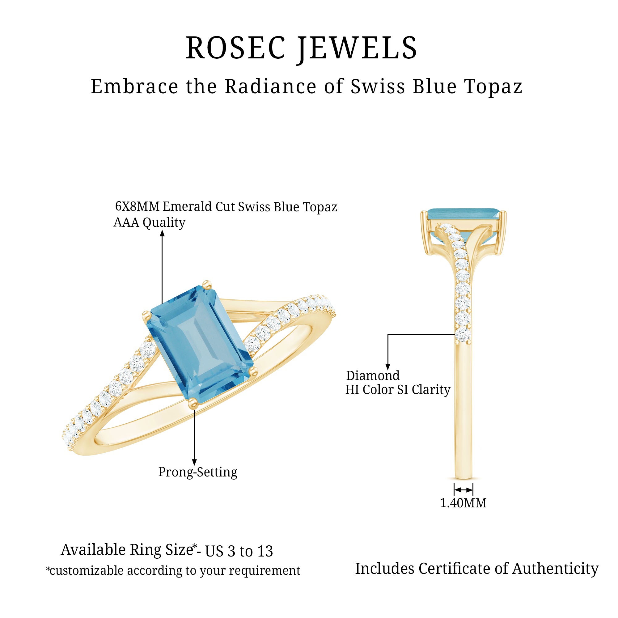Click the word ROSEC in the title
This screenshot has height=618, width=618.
pos(236,48)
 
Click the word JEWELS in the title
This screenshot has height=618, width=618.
pos(358,49)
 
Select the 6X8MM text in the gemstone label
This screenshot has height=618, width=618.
pos(137,207)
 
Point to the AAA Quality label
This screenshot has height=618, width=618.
pos(149,222)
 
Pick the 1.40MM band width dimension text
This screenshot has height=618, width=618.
pos(463,503)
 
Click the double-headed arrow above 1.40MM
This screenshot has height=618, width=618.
pos(463,490)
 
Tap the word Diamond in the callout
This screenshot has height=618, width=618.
pos(373,375)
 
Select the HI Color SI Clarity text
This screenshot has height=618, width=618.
pos(398,390)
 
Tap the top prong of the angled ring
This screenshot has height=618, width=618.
pos(207,284)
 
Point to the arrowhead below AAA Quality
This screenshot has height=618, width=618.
pos(162,234)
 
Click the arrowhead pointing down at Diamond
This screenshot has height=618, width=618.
pos(388,367)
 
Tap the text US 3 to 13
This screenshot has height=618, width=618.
pos(239,551)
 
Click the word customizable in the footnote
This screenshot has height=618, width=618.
pos(87,571)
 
